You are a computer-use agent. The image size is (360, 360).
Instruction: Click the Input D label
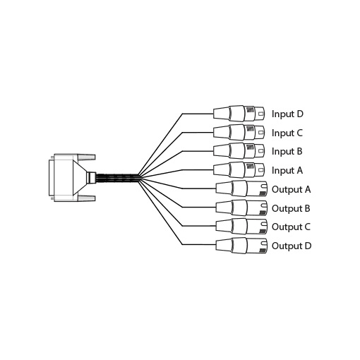click(287, 114)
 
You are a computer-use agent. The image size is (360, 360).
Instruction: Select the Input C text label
click(287, 133)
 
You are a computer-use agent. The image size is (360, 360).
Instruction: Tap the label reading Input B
click(287, 152)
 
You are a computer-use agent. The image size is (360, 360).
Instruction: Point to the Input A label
click(287, 170)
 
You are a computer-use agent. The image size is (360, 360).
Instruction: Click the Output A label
click(292, 189)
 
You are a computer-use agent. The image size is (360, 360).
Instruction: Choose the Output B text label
click(291, 208)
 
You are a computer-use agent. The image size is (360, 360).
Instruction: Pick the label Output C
click(292, 227)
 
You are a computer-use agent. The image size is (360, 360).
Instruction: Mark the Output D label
click(292, 246)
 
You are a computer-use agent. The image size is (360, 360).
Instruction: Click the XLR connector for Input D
click(239, 114)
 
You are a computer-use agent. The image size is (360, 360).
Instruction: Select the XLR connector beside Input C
click(239, 132)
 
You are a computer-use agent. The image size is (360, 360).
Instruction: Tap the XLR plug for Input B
click(239, 151)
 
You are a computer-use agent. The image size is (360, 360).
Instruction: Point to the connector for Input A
click(239, 169)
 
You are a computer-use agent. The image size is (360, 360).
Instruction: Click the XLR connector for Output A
click(241, 188)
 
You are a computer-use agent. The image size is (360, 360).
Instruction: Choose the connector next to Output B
click(241, 208)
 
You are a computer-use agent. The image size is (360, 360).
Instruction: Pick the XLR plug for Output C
click(241, 227)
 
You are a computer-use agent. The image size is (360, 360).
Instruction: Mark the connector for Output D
click(241, 245)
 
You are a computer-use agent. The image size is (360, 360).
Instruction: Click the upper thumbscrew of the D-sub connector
click(86, 157)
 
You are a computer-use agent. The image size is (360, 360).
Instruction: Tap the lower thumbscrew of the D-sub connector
click(86, 198)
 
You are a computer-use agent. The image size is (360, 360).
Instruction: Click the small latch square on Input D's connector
click(260, 114)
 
